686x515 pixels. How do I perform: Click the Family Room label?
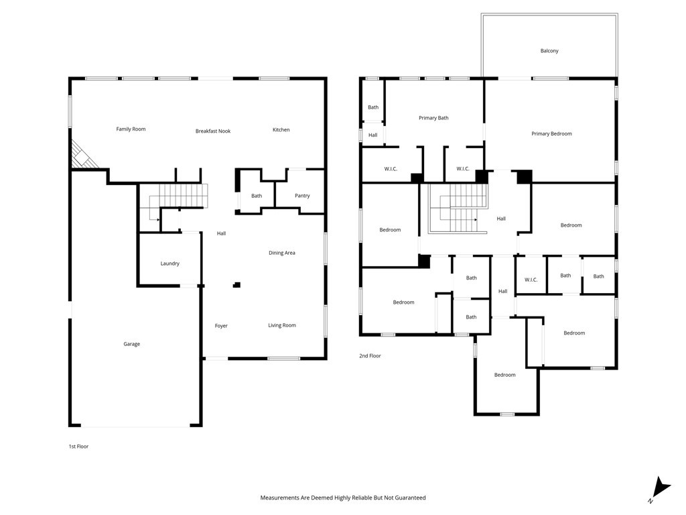point(131,129)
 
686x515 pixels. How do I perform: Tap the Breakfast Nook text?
point(212,131)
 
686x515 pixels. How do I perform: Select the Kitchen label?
point(281,129)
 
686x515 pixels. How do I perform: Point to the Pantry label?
point(302,196)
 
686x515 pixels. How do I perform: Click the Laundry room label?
point(169,264)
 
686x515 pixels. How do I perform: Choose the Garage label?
point(132,344)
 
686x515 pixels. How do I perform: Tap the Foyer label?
point(221,326)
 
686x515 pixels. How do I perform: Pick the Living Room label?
point(282,325)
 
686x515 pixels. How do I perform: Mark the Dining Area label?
point(282,253)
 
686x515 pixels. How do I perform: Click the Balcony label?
point(549,51)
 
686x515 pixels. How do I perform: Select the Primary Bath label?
point(433,118)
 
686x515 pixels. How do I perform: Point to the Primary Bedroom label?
point(552,133)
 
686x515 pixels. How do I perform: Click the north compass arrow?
point(661,488)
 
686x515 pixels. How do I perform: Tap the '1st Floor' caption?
point(79,447)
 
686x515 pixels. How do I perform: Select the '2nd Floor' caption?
point(370,356)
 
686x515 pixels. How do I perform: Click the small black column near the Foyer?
point(236,285)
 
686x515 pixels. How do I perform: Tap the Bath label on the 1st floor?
point(257,196)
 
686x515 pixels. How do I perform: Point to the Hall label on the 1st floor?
point(221,233)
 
